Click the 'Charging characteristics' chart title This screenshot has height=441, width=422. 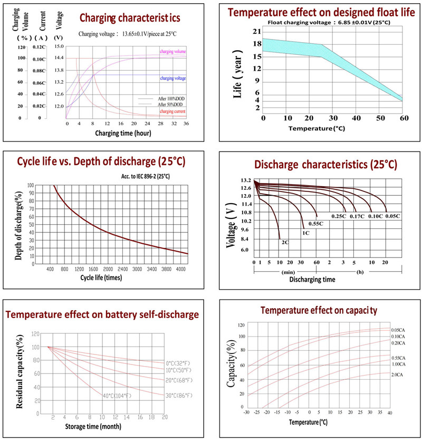tap(129, 18)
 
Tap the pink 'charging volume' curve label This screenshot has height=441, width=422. tap(173, 51)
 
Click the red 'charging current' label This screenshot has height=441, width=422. tap(173, 111)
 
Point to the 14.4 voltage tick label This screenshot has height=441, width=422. tap(59, 58)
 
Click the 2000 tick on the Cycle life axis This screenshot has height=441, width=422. tap(108, 269)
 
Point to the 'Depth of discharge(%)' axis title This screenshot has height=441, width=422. tap(18, 226)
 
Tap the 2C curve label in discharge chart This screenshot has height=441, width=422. tap(285, 243)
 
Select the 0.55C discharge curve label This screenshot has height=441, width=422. tap(315, 224)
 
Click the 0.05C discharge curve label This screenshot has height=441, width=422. tap(392, 216)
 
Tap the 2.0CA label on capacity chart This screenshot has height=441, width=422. tap(398, 375)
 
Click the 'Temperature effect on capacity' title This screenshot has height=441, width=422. tap(318, 310)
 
